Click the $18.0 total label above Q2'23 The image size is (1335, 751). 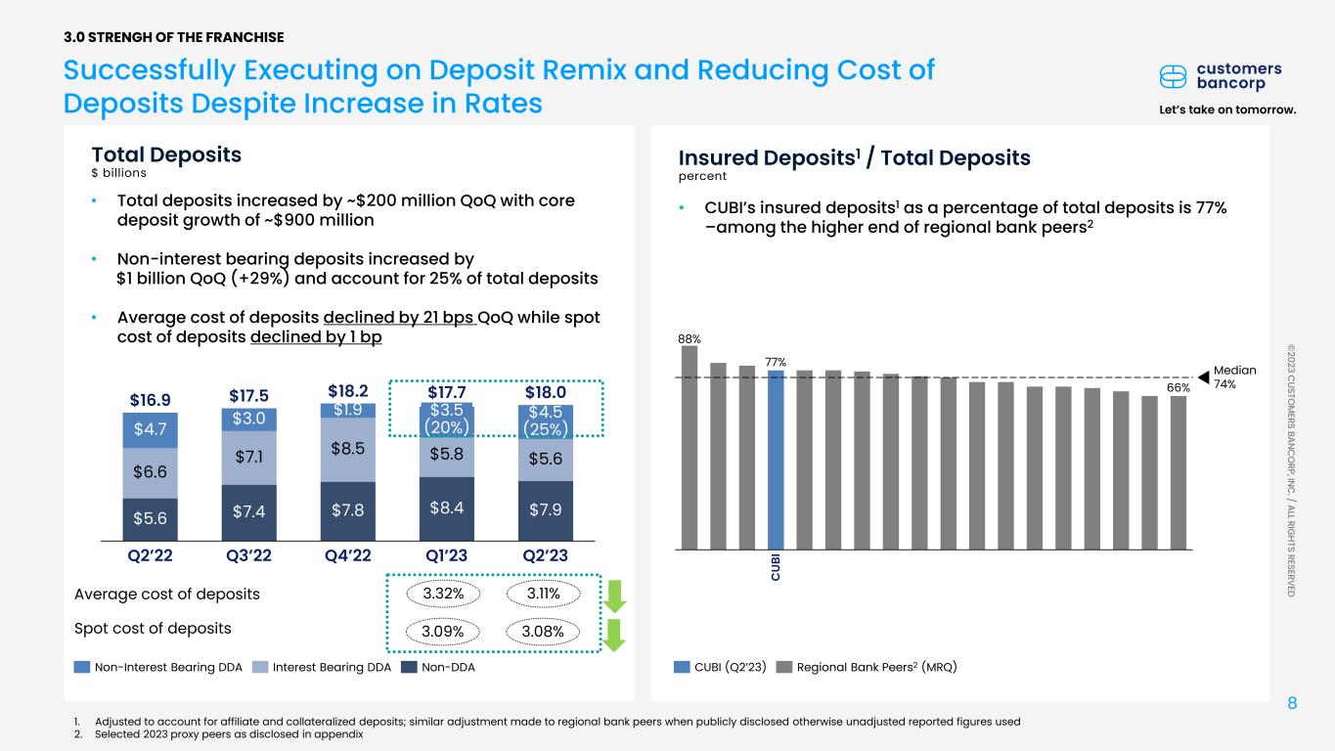(547, 392)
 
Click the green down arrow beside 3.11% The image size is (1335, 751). (611, 596)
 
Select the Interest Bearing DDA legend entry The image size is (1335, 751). (325, 667)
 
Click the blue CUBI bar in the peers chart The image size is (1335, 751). (776, 460)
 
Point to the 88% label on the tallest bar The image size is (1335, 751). (689, 338)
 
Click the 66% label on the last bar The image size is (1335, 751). (1178, 388)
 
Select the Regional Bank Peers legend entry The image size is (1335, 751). (866, 667)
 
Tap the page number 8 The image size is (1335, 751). (1292, 704)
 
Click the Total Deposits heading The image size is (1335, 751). (166, 155)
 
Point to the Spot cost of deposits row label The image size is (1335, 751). (153, 628)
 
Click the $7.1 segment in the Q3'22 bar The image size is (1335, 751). (248, 458)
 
